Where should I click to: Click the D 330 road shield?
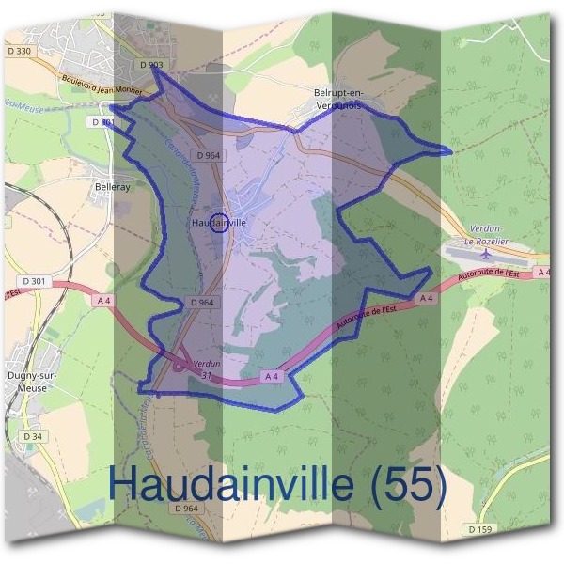point(19,51)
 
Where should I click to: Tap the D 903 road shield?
point(149,64)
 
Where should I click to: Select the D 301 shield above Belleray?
point(105,122)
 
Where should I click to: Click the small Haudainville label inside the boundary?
point(218,224)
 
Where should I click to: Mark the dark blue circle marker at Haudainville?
point(218,223)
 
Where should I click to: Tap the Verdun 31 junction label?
point(205,368)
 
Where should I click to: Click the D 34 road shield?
point(32,436)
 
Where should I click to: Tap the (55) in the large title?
point(408,484)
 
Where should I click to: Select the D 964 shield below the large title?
point(187,509)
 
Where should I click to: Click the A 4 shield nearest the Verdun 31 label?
point(272,376)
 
